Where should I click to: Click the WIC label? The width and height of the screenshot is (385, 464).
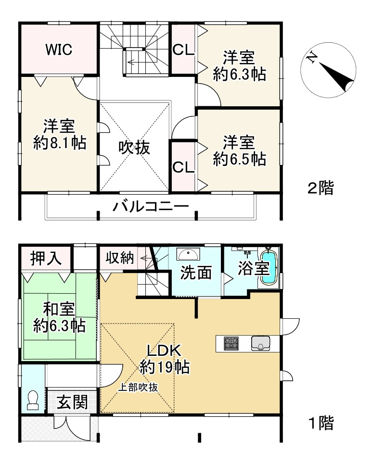click(59, 49)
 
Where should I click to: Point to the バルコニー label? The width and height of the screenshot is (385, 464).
click(151, 207)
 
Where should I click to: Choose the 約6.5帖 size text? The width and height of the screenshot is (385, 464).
click(239, 159)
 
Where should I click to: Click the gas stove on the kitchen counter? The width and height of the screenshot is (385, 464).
click(231, 343)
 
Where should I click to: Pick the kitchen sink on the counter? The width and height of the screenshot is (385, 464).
click(261, 343)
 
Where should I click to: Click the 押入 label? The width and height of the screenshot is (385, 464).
click(46, 259)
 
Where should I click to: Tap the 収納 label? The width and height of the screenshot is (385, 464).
click(119, 258)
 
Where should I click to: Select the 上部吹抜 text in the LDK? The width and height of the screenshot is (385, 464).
click(139, 387)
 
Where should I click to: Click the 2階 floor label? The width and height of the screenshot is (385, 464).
click(321, 188)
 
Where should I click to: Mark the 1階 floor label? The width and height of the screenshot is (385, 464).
click(321, 423)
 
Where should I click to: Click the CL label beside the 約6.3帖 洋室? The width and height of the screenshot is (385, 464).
click(183, 50)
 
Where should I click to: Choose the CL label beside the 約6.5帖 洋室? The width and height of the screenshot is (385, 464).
click(183, 167)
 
